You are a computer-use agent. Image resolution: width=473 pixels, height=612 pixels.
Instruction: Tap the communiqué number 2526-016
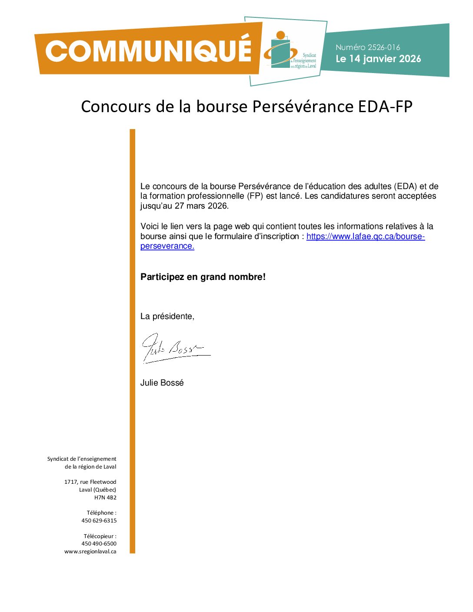coord(383,47)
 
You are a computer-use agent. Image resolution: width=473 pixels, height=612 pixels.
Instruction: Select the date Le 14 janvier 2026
coord(378,59)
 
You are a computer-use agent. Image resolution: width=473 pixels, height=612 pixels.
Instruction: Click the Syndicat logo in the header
coord(290,51)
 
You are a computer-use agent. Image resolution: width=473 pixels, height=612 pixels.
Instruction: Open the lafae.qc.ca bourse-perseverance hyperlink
coord(365,236)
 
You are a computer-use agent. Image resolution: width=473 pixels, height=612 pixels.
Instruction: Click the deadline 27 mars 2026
coord(201,206)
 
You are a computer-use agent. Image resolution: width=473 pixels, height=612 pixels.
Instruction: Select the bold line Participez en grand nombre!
coord(203,277)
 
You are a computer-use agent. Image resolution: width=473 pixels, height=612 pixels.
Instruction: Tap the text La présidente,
coord(167,316)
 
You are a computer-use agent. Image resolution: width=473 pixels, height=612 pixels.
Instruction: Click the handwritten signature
coord(174,348)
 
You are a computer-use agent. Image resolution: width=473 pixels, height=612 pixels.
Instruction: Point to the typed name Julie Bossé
coord(162,383)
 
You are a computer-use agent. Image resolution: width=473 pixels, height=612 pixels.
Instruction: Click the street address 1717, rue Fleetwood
coord(90,482)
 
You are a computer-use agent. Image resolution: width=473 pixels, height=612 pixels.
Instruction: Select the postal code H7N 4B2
coord(105,497)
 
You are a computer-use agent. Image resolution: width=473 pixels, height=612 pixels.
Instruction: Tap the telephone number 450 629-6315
coord(99,520)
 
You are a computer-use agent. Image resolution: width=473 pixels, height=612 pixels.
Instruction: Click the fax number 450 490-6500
coord(99,543)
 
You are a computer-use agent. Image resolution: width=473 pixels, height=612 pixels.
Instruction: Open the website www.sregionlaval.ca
coord(90,551)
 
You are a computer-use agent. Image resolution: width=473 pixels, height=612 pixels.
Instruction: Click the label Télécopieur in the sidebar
coord(100,536)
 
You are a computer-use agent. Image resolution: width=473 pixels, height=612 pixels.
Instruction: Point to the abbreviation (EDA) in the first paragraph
coord(405,186)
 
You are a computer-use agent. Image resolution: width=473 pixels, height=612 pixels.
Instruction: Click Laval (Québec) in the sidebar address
coord(97,489)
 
